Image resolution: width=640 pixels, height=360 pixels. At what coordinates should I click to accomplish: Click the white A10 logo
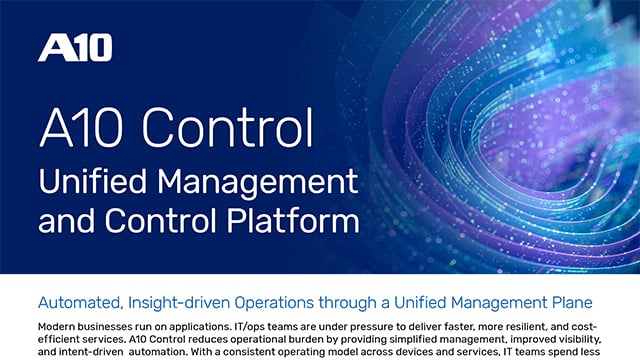point(75,47)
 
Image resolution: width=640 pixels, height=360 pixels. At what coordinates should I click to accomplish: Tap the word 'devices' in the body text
point(421,352)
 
